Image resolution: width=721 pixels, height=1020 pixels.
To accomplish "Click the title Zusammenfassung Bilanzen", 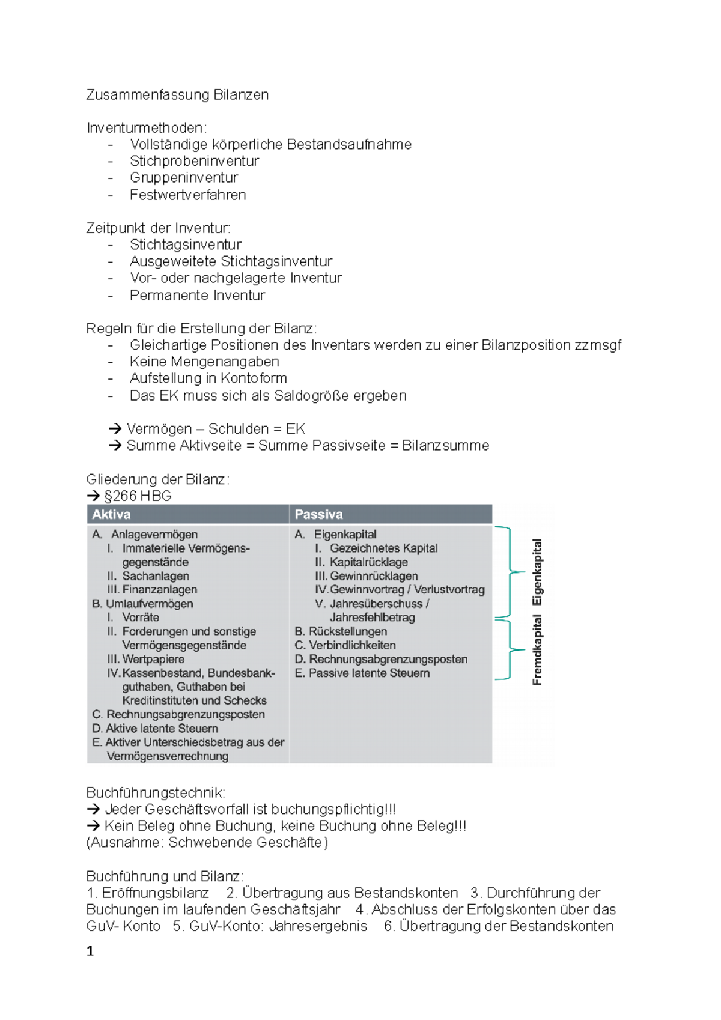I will tap(177, 95).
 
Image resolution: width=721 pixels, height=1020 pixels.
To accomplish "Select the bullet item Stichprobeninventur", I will tap(194, 161).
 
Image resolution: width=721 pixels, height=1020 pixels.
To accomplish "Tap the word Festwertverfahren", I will tap(187, 195).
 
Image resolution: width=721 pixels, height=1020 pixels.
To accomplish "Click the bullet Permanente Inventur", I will tap(197, 295).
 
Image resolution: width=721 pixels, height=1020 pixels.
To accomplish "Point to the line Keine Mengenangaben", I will tap(204, 362).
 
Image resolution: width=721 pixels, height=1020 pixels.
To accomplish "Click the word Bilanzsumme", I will tap(445, 445).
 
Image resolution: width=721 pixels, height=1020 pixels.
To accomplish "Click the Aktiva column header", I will tap(112, 514).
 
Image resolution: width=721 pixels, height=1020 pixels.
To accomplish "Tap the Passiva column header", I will tap(319, 514).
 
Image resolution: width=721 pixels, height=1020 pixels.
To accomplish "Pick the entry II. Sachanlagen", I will tap(148, 576).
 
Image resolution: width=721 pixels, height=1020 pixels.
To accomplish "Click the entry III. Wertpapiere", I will tap(146, 659).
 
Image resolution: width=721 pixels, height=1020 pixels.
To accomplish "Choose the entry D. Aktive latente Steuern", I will tap(155, 728).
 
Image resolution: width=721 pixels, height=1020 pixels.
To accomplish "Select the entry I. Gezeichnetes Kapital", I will tap(377, 548).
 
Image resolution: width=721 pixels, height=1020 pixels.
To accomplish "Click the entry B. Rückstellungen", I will tap(341, 631).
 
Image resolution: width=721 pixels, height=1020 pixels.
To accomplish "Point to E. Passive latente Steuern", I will tap(362, 673).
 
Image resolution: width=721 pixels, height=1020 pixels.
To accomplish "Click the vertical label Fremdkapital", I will tap(537, 649).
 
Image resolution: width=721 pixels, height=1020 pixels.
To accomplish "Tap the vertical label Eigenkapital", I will tap(537, 572).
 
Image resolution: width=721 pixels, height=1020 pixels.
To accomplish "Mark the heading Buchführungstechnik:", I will tap(156, 792).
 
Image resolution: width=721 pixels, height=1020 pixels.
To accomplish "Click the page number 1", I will tap(90, 951).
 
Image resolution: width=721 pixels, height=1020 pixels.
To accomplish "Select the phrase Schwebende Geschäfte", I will tap(247, 842).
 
